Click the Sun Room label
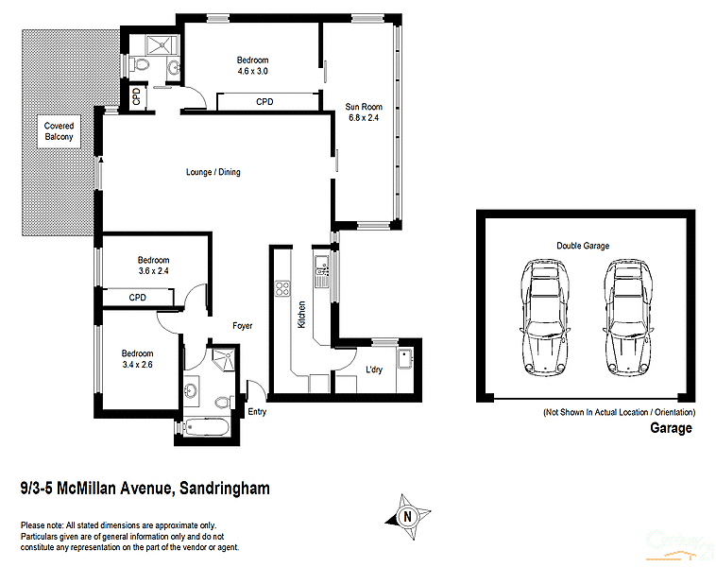click(x=363, y=112)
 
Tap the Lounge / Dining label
click(x=213, y=172)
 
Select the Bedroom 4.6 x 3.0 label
click(x=252, y=66)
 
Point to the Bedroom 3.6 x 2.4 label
click(x=153, y=266)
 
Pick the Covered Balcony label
click(x=59, y=131)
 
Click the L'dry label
click(x=373, y=370)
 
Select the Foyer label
click(x=243, y=326)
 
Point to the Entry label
click(x=257, y=412)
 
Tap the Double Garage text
click(x=582, y=246)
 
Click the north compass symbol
click(x=407, y=516)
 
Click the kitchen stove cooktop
click(x=281, y=288)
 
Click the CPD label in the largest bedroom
click(x=264, y=102)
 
